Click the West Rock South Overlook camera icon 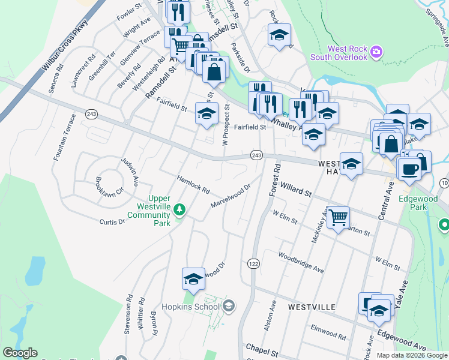tap(376, 52)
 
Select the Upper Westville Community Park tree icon tap(179, 209)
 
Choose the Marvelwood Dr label tap(230, 196)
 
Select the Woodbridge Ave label tap(301, 262)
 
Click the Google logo tap(20, 353)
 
